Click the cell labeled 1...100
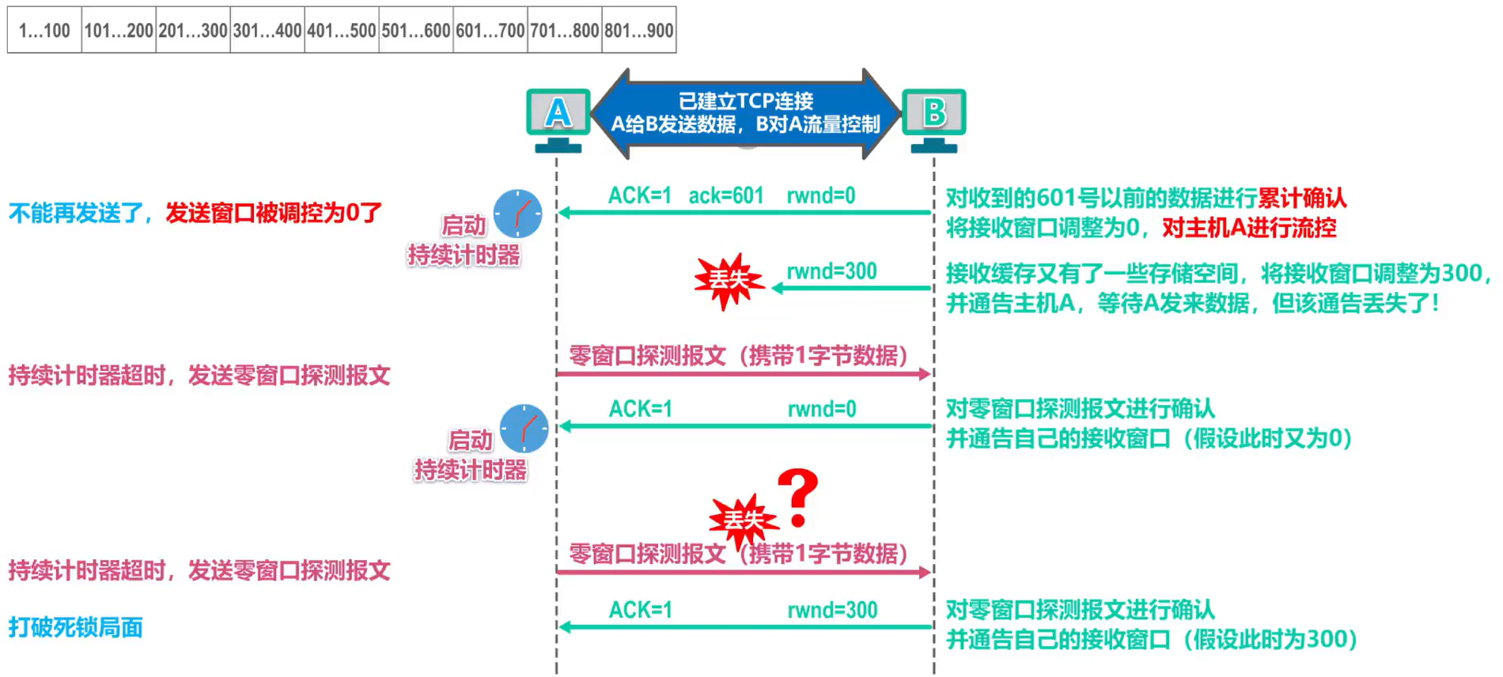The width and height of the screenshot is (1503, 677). click(x=44, y=30)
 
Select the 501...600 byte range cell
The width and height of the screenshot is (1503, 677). click(x=416, y=30)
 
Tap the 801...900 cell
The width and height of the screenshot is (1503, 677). click(x=639, y=30)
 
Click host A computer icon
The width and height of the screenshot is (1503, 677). click(x=558, y=119)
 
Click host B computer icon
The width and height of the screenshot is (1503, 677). click(x=934, y=119)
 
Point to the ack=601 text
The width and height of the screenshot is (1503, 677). click(x=725, y=195)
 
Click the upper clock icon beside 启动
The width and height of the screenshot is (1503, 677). click(x=518, y=214)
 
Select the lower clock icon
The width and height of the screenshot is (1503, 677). click(x=524, y=429)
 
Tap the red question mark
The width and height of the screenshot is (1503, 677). click(x=797, y=497)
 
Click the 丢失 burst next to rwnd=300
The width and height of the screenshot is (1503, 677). click(x=729, y=280)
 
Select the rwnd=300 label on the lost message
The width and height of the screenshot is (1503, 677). click(x=831, y=271)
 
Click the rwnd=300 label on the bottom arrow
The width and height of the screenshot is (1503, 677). click(x=832, y=610)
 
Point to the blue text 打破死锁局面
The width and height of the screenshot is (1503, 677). click(x=76, y=627)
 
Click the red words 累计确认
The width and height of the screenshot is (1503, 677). click(x=1302, y=197)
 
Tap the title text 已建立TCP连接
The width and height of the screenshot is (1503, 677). click(x=745, y=100)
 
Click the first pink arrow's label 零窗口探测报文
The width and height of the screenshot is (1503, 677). click(x=647, y=355)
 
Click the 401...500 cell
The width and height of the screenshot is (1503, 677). click(x=342, y=30)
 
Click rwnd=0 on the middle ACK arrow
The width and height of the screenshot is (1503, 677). click(x=822, y=409)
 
